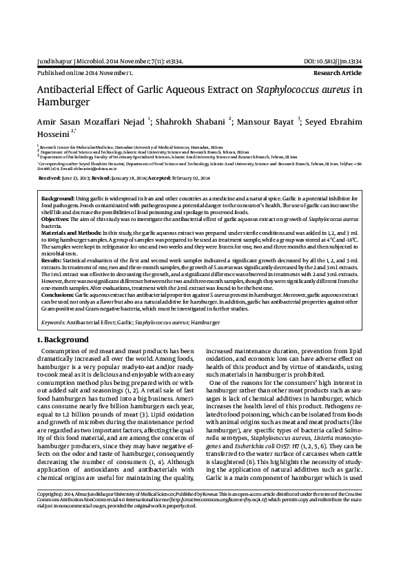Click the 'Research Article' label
point(353,72)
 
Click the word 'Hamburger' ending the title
point(63,101)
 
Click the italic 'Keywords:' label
point(54,322)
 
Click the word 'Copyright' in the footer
point(49,533)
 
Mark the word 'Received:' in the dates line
point(50,177)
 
